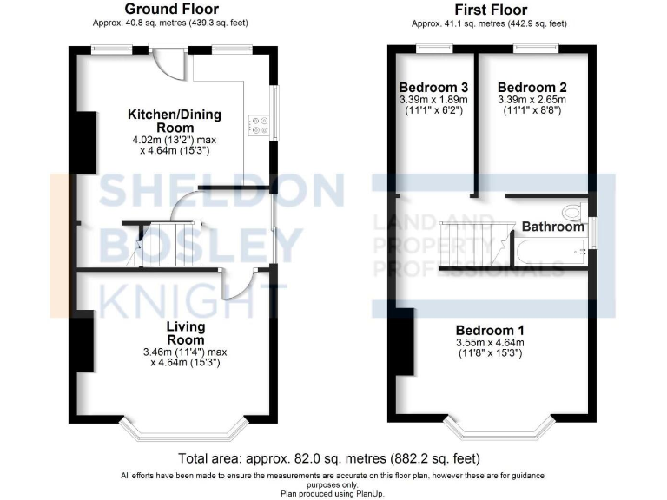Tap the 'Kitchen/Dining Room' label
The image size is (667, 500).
175,121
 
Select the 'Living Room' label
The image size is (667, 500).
186,332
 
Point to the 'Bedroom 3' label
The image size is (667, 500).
434,88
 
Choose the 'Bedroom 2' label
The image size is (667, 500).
532,88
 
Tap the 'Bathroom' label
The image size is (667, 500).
552,227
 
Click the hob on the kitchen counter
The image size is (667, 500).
259,126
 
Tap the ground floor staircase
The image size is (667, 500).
156,243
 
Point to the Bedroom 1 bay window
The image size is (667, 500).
499,428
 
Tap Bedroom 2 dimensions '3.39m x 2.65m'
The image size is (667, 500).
532,100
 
